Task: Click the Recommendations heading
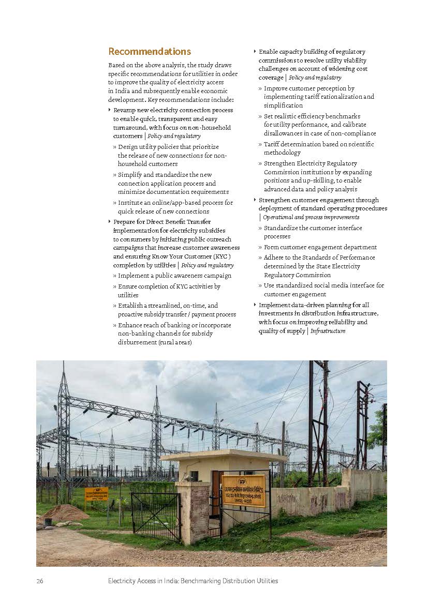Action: pyautogui.click(x=150, y=52)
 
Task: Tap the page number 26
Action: pyautogui.click(x=40, y=581)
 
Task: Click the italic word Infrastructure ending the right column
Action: pyautogui.click(x=328, y=331)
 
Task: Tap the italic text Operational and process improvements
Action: pyautogui.click(x=311, y=217)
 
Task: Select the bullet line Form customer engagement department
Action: pyautogui.click(x=320, y=247)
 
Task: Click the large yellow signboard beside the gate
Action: pyautogui.click(x=243, y=490)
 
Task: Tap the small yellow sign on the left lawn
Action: pyautogui.click(x=96, y=494)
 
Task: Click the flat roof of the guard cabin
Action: pyautogui.click(x=224, y=457)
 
